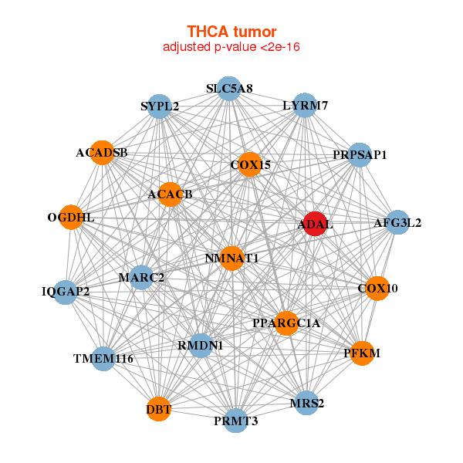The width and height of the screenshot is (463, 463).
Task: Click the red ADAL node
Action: pos(314,224)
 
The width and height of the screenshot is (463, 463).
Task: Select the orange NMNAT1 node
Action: pos(231,259)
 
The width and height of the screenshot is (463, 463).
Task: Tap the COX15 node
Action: pos(249,164)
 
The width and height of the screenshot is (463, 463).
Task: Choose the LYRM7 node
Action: pos(305,105)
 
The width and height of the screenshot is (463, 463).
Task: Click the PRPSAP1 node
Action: pos(360,154)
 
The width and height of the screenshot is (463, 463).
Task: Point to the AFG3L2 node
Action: pos(397,223)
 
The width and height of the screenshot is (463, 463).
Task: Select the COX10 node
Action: pos(377,288)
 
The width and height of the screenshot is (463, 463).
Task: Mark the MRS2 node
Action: pos(306,403)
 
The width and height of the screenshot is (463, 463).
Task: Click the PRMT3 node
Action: pos(236,421)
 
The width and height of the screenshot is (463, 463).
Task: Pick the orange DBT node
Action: pos(158,408)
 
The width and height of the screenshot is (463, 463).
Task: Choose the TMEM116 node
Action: pos(103,359)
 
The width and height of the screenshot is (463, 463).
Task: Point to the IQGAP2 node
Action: pos(66,292)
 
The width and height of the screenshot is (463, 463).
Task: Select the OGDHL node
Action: pos(71,218)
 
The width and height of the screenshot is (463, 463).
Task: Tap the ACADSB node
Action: pos(102,152)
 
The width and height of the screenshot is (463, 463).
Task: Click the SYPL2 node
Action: pos(160,106)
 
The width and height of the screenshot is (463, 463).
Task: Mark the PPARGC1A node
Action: pos(286,323)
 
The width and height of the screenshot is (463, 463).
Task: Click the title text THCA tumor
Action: pos(231,32)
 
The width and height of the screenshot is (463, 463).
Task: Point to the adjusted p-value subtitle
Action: pos(231,47)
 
